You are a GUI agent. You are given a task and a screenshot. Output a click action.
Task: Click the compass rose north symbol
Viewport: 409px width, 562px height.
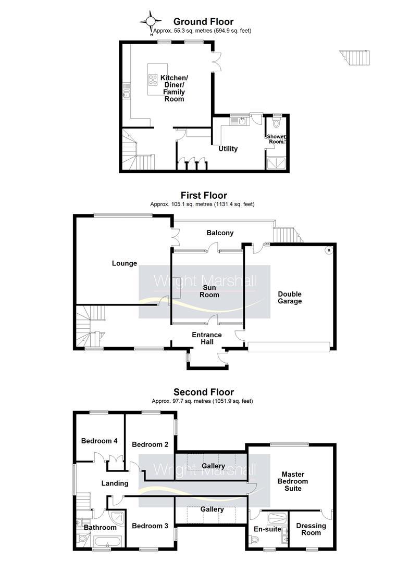coord(151,21)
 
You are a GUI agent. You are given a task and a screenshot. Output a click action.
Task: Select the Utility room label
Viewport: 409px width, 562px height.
coord(228,149)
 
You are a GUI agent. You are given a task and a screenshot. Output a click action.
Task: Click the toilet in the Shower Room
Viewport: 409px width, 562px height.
coord(276,124)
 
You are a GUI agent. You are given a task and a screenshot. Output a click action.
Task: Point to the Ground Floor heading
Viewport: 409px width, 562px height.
coord(203,22)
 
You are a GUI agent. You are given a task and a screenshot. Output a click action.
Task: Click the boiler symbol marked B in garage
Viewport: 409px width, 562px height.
coord(328,250)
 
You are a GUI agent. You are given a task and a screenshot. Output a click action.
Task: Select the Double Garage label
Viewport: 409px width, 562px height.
coord(290,298)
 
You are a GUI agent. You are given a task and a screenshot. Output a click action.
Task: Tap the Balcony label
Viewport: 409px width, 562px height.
coord(220,233)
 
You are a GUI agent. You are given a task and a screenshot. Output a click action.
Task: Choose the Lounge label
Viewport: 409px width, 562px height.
coord(125,263)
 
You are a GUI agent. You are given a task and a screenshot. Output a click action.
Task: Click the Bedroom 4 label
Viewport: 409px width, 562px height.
coord(99,441)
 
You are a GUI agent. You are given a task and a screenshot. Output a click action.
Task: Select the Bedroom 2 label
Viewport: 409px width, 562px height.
coord(150,444)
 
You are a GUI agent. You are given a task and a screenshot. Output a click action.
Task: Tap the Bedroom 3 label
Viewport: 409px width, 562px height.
coord(150,526)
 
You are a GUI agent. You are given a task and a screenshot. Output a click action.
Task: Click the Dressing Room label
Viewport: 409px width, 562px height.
coord(311,529)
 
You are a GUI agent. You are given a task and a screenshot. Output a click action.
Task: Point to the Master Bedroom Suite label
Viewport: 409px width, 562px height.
coord(292,481)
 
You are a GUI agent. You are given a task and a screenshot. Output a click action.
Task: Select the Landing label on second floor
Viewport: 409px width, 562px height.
coord(115,483)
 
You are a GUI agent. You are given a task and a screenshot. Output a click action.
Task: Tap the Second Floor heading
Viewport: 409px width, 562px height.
coord(204,392)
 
